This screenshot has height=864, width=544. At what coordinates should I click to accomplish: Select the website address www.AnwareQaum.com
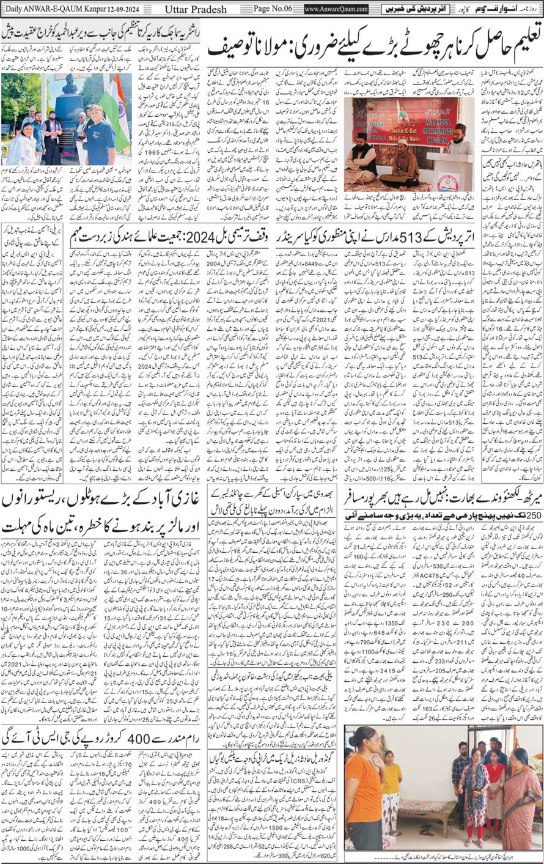336,9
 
